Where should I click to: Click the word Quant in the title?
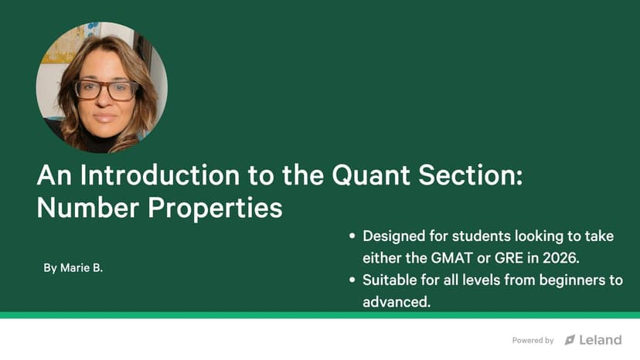click(x=370, y=175)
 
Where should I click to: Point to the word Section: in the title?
click(x=471, y=175)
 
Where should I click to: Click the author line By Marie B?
click(x=73, y=268)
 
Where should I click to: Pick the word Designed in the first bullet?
click(x=394, y=236)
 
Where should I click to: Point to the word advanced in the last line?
click(x=395, y=302)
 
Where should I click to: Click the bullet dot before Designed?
click(x=352, y=236)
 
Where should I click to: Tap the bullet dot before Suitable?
click(x=352, y=280)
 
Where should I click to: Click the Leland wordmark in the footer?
click(x=601, y=340)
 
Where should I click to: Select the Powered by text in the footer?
click(x=533, y=341)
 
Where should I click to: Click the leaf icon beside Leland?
click(x=570, y=340)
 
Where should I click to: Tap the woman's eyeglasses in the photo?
click(x=106, y=90)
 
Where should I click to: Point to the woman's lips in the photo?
click(x=104, y=118)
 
